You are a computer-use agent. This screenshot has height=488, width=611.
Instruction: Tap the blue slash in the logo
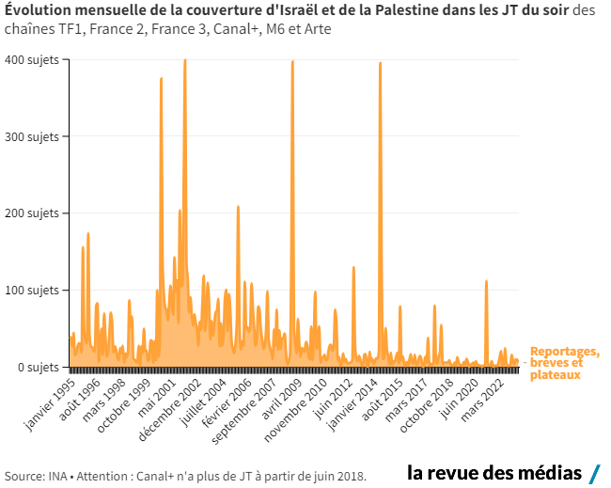point(594,472)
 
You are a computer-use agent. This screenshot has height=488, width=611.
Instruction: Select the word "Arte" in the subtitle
point(317,29)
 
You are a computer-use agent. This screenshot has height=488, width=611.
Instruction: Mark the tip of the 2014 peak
point(380,63)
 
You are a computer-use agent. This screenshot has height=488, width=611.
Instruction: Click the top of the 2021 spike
point(486,281)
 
